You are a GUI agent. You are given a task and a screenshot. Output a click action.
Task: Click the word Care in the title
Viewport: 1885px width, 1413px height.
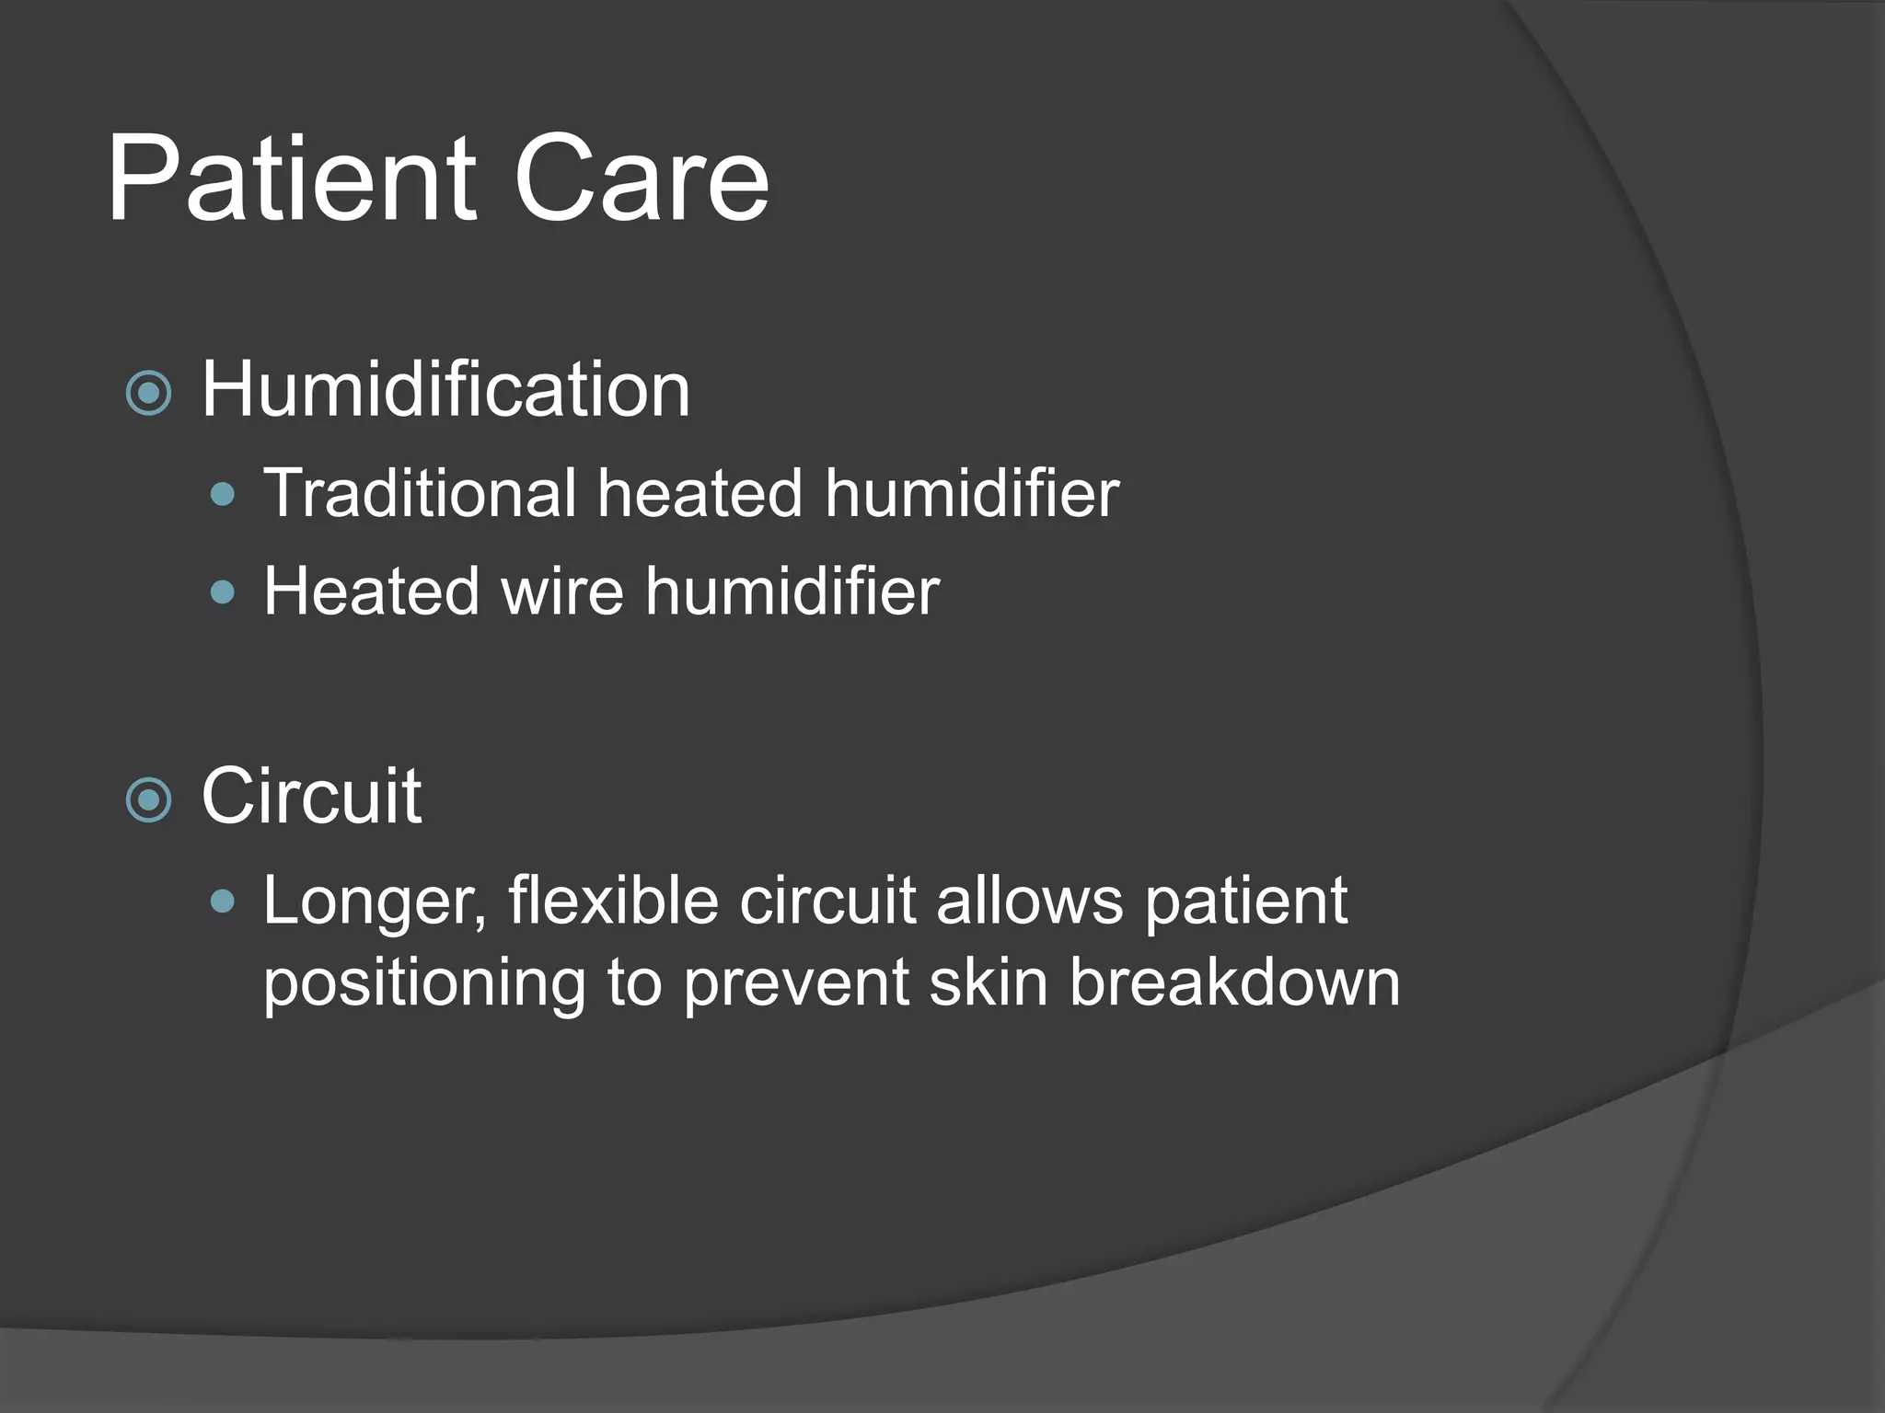coord(641,178)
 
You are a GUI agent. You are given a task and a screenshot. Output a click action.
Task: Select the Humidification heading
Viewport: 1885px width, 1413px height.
coord(445,390)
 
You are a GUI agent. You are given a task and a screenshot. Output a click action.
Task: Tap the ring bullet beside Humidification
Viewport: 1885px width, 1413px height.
coord(148,394)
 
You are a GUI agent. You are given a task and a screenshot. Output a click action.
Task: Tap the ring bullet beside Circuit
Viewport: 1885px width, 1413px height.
coord(148,799)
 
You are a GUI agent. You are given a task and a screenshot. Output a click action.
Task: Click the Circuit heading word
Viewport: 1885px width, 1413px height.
coord(311,796)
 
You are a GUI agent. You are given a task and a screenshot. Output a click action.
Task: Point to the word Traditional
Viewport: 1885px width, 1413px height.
coord(420,493)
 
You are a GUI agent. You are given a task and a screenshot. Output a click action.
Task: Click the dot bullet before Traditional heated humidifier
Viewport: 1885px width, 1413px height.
coord(223,496)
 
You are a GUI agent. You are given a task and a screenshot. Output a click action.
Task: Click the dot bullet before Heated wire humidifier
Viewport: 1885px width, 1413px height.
coord(223,592)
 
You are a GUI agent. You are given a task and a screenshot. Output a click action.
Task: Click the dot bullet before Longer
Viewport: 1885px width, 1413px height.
coord(223,902)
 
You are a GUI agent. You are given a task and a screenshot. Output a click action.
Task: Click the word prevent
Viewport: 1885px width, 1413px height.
coord(796,982)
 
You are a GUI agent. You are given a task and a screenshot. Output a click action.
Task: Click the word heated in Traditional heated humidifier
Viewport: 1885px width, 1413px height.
coord(700,493)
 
